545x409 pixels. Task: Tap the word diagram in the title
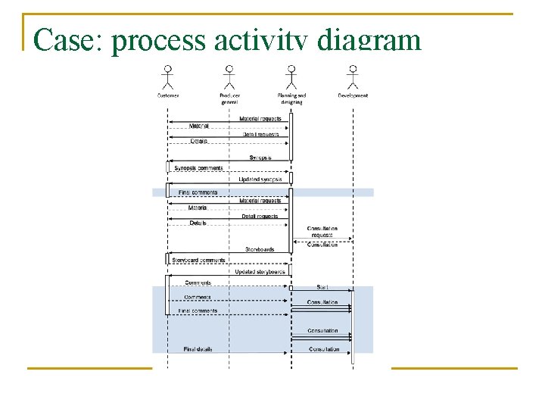point(369,40)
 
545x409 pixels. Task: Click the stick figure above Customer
point(167,76)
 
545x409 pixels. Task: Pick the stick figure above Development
point(352,76)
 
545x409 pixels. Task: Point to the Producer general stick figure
point(229,76)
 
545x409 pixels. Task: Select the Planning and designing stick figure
point(291,76)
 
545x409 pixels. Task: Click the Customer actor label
point(168,95)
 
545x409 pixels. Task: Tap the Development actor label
point(353,95)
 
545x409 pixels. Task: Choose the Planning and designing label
point(291,98)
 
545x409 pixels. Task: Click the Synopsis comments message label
point(198,168)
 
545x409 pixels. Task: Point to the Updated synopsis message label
point(260,180)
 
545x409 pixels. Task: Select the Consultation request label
point(322,232)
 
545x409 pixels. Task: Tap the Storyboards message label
point(260,249)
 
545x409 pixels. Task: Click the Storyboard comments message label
point(198,261)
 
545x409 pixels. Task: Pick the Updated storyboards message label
point(260,271)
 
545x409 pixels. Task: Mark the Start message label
point(322,287)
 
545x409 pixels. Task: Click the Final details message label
point(198,349)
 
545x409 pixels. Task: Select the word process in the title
point(158,40)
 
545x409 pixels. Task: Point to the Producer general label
point(229,98)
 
